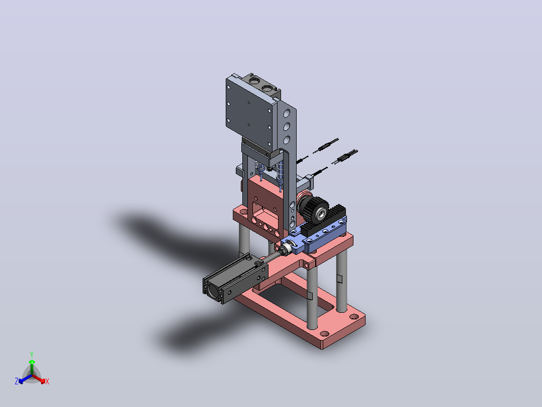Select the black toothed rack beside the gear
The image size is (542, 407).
(324, 220)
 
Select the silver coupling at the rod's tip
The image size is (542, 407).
(286, 249)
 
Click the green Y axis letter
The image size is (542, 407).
(32, 354)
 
